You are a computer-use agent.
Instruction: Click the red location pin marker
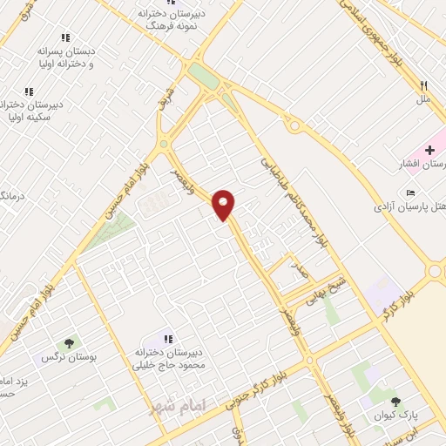[x=224, y=204]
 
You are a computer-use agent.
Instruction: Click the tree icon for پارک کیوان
[x=396, y=402]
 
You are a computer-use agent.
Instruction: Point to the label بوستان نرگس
[x=68, y=357]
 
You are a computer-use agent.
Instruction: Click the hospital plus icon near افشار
[x=429, y=151]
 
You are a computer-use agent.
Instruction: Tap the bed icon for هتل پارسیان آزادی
[x=411, y=193]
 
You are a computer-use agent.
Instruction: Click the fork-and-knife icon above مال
[x=424, y=86]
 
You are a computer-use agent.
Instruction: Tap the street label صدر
[x=300, y=272]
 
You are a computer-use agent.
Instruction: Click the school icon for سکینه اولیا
[x=29, y=91]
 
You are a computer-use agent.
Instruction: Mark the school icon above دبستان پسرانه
[x=64, y=37]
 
